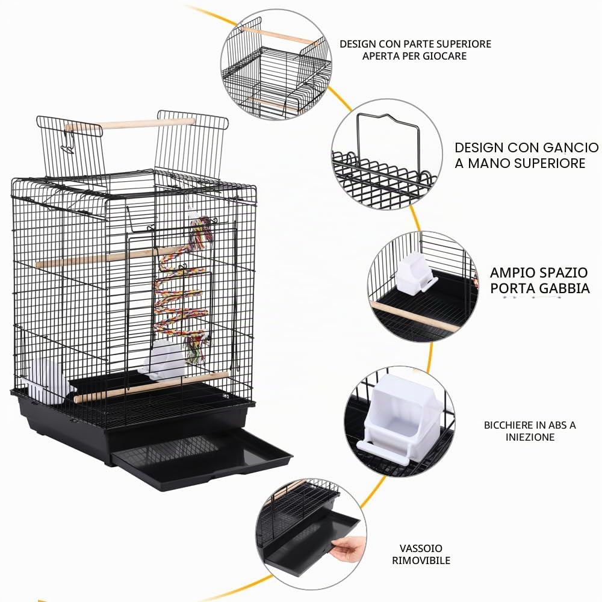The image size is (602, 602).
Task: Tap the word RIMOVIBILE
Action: [x=421, y=560]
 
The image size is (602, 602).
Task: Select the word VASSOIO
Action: [x=421, y=548]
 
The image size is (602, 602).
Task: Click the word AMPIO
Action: [x=513, y=273]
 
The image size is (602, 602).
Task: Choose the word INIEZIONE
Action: [x=530, y=437]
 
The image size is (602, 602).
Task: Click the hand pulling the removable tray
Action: [x=348, y=548]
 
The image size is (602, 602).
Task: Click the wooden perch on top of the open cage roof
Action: [x=131, y=125]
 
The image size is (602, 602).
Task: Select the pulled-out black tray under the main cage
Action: [x=202, y=459]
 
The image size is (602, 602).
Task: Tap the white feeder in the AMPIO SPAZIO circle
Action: [x=415, y=273]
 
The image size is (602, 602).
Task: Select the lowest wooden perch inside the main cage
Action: [x=151, y=387]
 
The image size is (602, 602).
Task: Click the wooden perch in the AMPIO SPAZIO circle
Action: [x=415, y=316]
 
